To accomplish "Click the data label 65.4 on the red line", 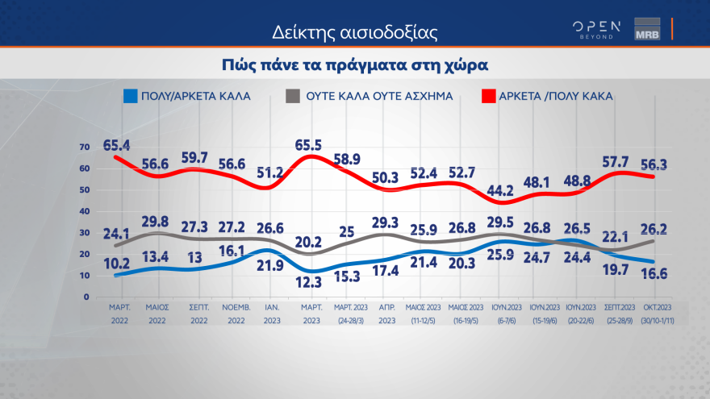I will tap(119, 145).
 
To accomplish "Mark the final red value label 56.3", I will tap(655, 164).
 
